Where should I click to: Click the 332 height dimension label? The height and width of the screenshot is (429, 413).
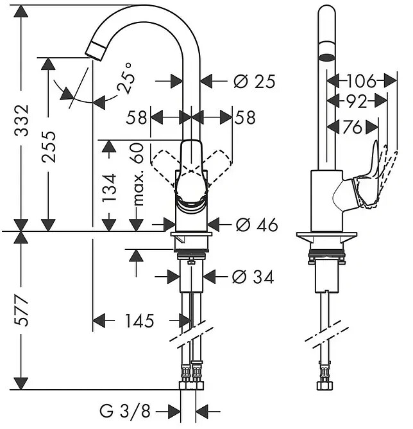[22, 120]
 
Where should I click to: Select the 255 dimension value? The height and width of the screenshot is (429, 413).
[49, 146]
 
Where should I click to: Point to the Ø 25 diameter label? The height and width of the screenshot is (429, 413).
[254, 82]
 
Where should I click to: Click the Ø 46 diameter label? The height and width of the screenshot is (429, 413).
[257, 225]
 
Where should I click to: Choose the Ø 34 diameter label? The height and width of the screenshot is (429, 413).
[253, 277]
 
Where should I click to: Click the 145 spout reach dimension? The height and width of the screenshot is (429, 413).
[140, 320]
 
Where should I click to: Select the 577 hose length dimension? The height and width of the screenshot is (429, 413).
[21, 310]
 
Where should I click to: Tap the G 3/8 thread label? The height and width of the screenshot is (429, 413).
[125, 410]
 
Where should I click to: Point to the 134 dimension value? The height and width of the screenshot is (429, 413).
[109, 188]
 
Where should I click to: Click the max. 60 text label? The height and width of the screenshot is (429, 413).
[139, 174]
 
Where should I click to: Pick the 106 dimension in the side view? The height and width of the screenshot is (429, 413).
[362, 81]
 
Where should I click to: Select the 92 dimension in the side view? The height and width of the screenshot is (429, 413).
[357, 101]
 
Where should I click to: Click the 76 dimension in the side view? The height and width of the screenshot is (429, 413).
[352, 127]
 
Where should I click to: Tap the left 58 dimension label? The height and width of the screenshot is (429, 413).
[137, 118]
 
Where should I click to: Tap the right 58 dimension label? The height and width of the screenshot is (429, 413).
[245, 118]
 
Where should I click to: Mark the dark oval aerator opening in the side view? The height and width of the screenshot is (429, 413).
[326, 57]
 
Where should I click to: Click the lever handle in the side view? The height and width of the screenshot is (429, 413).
[367, 177]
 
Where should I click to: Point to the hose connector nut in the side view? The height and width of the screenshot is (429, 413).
[324, 386]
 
